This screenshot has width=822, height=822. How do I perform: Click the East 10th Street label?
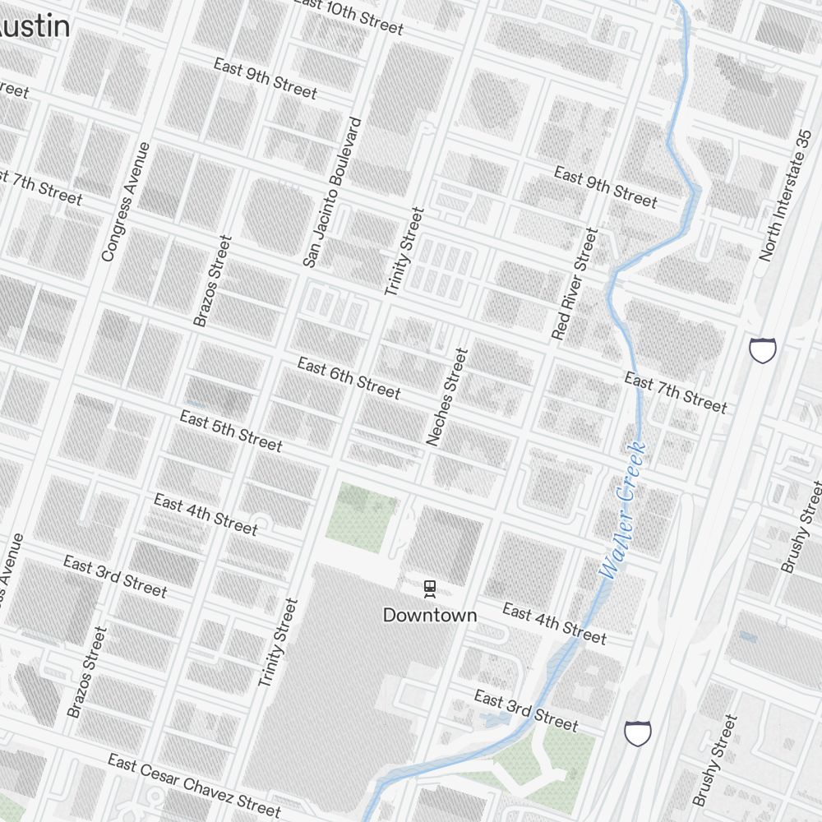349,16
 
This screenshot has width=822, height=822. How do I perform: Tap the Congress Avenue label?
126,202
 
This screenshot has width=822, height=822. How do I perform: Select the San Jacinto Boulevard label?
332,192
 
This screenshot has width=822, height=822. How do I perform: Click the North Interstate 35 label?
786,196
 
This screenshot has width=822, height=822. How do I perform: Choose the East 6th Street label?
349,378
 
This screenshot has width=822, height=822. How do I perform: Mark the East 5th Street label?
231,432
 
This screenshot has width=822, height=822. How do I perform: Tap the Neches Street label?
447,397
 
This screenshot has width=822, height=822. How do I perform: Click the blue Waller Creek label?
623,511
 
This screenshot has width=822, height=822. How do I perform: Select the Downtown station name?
430,615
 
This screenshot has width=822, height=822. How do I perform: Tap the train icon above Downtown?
429,588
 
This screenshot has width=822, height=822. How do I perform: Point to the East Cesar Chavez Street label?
194,786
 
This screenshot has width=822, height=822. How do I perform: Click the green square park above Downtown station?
362,516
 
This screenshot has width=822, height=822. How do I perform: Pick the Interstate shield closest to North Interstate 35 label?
763,349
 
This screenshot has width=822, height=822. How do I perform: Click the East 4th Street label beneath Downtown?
554,624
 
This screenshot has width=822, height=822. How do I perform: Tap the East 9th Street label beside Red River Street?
605,187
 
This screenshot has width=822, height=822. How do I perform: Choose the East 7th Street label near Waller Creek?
676,392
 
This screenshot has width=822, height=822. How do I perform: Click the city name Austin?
33,26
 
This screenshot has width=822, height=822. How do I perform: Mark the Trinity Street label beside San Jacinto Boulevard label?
405,252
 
